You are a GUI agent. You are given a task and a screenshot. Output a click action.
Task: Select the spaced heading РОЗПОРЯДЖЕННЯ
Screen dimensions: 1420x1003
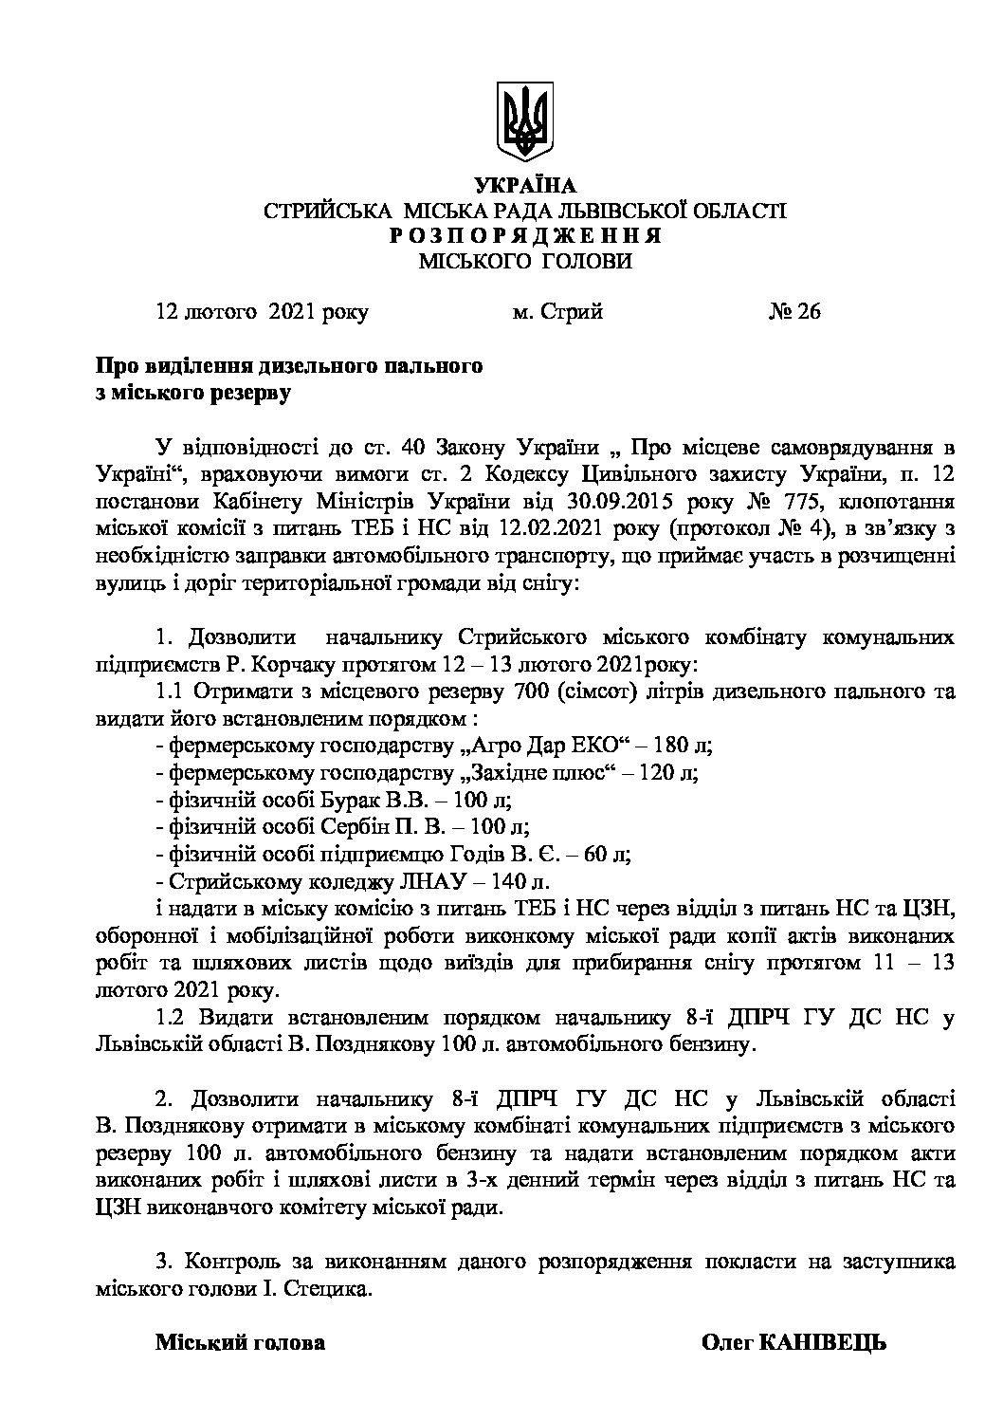pyautogui.click(x=524, y=236)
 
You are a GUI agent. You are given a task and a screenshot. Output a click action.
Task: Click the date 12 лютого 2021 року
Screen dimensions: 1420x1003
pyautogui.click(x=263, y=311)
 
